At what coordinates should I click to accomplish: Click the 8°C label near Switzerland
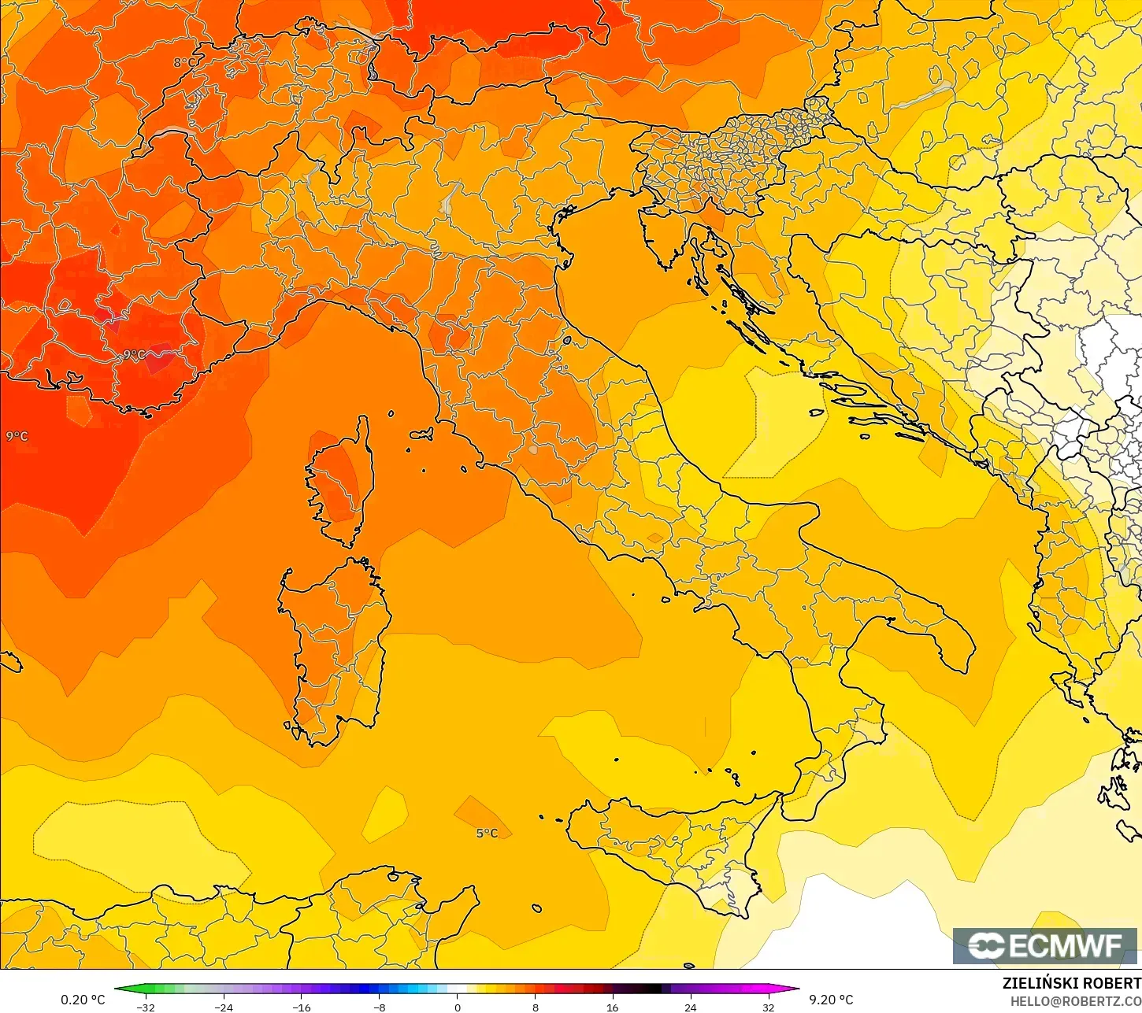[184, 62]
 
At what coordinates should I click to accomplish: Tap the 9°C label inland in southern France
[134, 355]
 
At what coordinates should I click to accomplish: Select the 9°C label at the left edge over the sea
[17, 436]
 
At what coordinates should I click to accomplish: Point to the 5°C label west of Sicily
[487, 833]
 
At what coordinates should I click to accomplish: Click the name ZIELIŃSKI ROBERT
[1071, 983]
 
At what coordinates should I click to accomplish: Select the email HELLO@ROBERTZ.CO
[1076, 1001]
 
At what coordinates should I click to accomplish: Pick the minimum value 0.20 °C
[83, 1000]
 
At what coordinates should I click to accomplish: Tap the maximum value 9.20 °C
[831, 1000]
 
